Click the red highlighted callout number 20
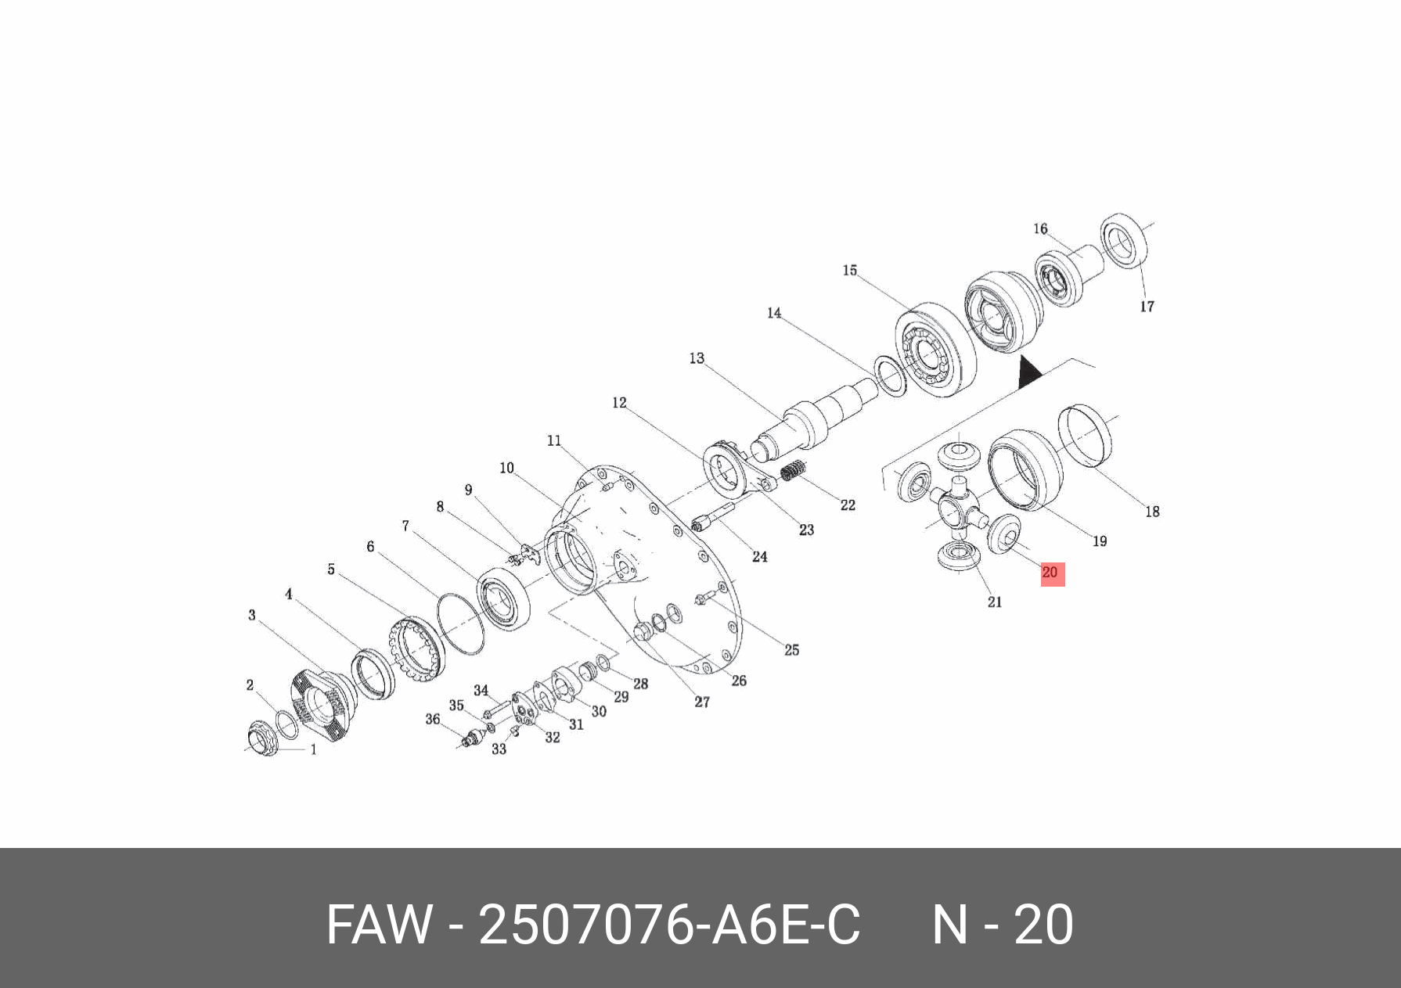coord(1051,573)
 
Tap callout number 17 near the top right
coord(1147,307)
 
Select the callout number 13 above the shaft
coord(697,358)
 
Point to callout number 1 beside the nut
coord(314,749)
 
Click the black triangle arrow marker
coord(1029,374)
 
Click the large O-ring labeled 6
coord(460,623)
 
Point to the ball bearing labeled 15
coord(935,349)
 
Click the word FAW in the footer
coord(379,925)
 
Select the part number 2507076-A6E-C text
coord(669,925)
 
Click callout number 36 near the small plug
coord(432,719)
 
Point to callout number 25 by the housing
coord(791,650)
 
